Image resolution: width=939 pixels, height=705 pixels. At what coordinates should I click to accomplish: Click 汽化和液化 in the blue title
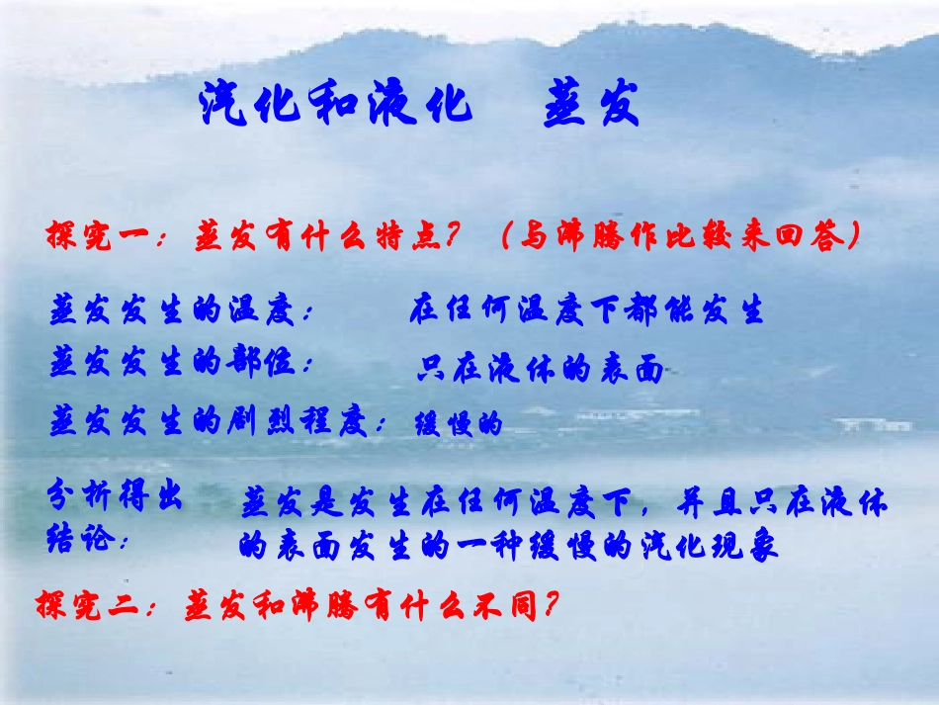tap(336, 103)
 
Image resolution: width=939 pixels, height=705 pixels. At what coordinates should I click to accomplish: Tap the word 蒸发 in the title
tap(591, 103)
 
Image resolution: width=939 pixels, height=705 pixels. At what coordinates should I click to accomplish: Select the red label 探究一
tap(96, 237)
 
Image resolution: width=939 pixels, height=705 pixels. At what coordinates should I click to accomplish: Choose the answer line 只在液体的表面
tap(540, 369)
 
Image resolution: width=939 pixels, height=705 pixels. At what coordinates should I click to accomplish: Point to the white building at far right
tap(874, 424)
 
